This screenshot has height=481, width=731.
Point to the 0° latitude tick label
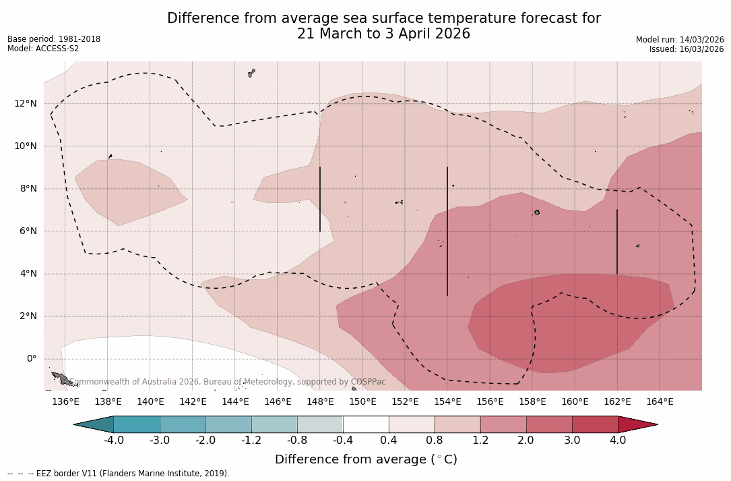point(32,359)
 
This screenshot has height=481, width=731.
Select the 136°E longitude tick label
point(65,402)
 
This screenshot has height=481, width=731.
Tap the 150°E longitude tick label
point(362,402)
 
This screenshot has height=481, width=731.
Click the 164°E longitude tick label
point(660,402)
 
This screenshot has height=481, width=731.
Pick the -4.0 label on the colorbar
point(114,441)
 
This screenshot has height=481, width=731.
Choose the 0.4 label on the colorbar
point(389,441)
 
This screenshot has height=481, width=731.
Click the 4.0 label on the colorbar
point(618,441)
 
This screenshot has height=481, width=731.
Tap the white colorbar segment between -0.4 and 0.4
point(366,424)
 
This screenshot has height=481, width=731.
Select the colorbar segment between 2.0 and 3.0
point(549,424)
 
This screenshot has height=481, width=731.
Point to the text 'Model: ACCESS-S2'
point(43,49)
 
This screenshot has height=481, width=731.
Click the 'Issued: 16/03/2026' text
point(687,49)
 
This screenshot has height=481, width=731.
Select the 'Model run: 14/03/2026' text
point(680,40)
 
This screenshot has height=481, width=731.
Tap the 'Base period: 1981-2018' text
point(54,39)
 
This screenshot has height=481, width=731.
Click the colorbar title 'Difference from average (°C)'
point(366,460)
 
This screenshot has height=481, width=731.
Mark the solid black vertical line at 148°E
point(320,199)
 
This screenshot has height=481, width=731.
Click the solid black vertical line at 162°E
point(616,242)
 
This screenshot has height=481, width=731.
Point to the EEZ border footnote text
point(119,474)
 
